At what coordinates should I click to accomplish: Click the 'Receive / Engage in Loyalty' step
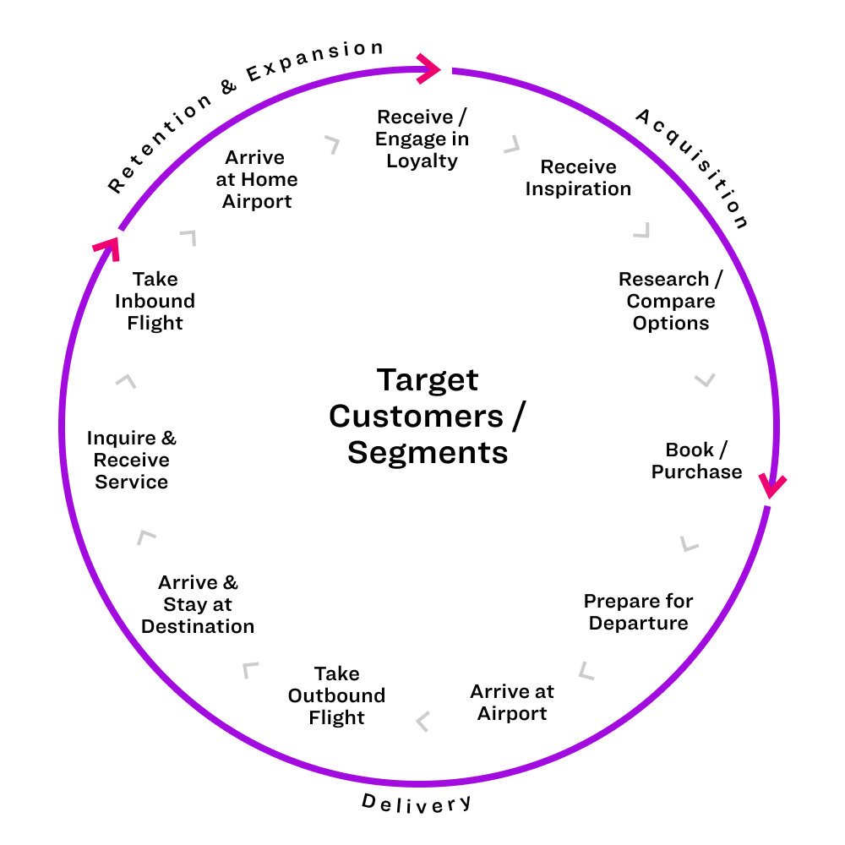(422, 139)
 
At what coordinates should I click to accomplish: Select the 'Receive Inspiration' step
(578, 177)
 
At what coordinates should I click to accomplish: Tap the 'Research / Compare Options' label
(669, 301)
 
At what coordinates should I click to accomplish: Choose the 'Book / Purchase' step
(696, 461)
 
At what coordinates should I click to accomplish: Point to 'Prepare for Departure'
(638, 612)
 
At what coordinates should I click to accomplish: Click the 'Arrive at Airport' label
(512, 702)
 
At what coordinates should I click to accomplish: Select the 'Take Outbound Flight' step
(336, 695)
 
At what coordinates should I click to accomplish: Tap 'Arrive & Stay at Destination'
(198, 604)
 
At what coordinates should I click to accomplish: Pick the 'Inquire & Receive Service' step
(132, 460)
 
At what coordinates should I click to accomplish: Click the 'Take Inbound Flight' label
(155, 301)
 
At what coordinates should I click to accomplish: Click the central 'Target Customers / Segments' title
(428, 416)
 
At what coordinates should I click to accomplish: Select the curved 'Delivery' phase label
(417, 803)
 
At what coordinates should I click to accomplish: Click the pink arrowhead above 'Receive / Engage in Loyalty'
(430, 69)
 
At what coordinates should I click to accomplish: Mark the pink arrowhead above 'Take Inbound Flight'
(105, 247)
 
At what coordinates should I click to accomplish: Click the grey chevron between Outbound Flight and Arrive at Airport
(423, 721)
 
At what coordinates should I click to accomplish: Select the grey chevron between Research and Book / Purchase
(705, 380)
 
